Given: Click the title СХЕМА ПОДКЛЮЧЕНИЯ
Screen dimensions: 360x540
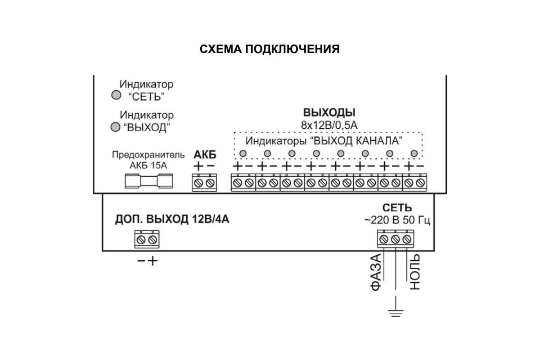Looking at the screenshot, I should coord(270,49).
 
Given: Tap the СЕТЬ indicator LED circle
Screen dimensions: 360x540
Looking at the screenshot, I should coord(116,95).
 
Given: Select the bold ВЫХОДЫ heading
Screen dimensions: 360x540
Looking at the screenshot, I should coord(329,112).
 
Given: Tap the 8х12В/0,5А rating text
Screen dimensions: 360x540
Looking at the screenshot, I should coord(329,125).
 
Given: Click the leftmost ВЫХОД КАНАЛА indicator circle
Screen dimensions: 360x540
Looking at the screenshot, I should coord(243,154).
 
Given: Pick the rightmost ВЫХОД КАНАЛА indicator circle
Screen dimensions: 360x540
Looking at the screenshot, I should coord(414,154).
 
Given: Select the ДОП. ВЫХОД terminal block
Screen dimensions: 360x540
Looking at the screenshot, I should coord(147,238).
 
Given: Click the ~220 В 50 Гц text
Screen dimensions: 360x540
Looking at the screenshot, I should coord(397,220).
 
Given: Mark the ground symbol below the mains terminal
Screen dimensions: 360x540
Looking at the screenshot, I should coord(396,311).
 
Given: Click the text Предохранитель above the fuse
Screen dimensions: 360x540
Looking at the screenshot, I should coord(148,155).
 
